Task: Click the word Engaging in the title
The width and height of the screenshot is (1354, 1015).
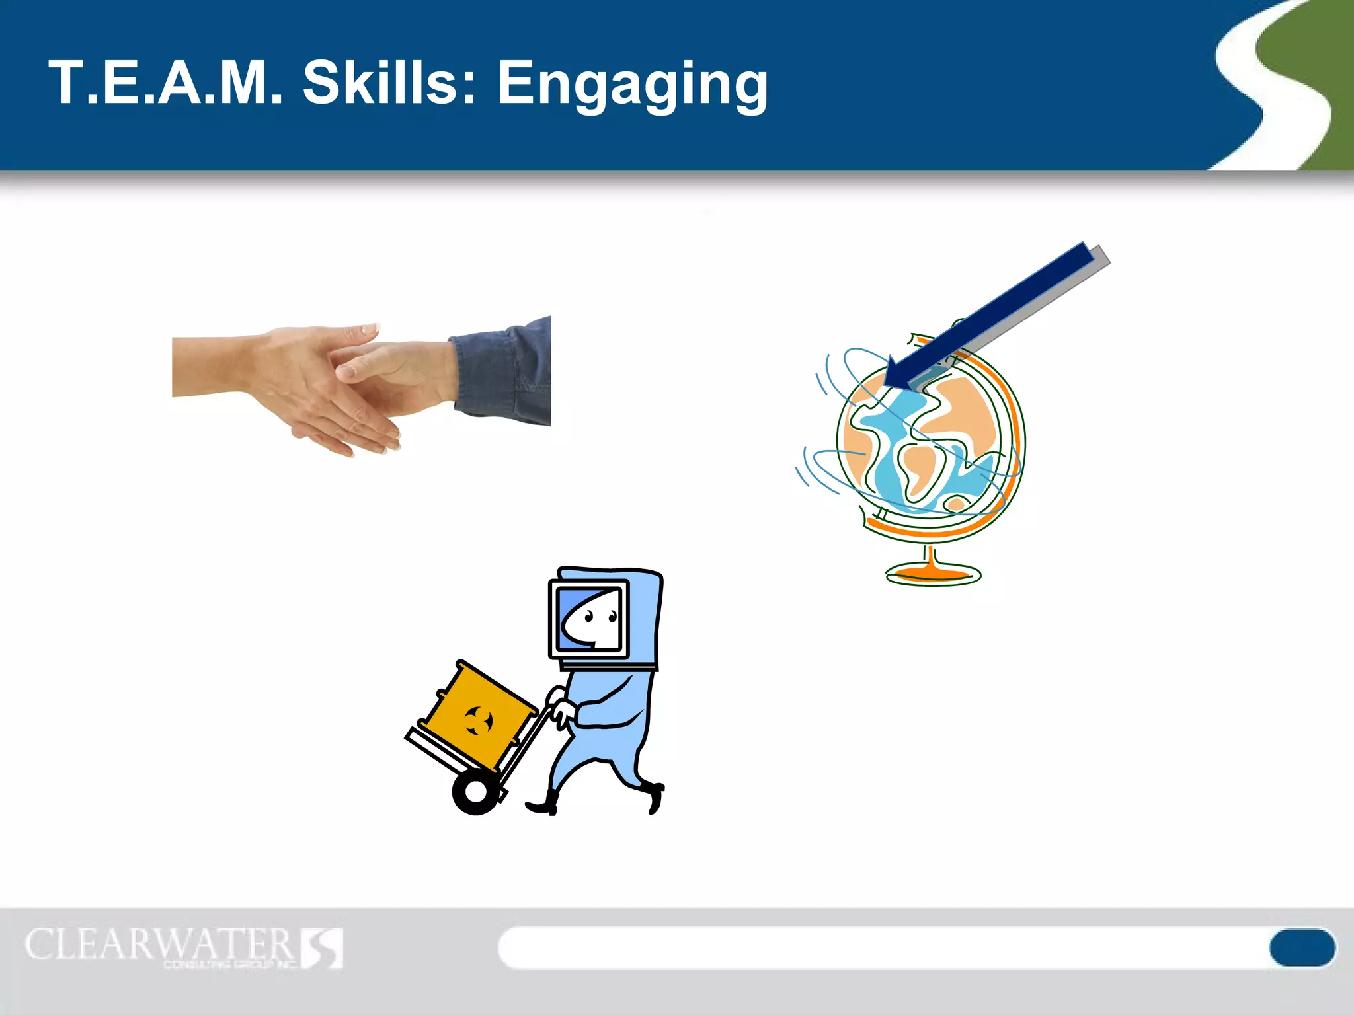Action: click(x=632, y=85)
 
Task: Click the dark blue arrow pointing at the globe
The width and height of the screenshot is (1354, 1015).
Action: click(x=992, y=314)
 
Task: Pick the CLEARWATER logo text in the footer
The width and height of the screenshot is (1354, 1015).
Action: click(x=159, y=945)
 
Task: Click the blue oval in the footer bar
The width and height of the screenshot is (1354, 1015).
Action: click(x=1301, y=948)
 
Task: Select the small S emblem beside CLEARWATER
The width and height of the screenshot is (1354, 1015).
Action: click(x=323, y=948)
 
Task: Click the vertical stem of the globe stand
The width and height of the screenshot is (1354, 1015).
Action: click(x=932, y=555)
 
